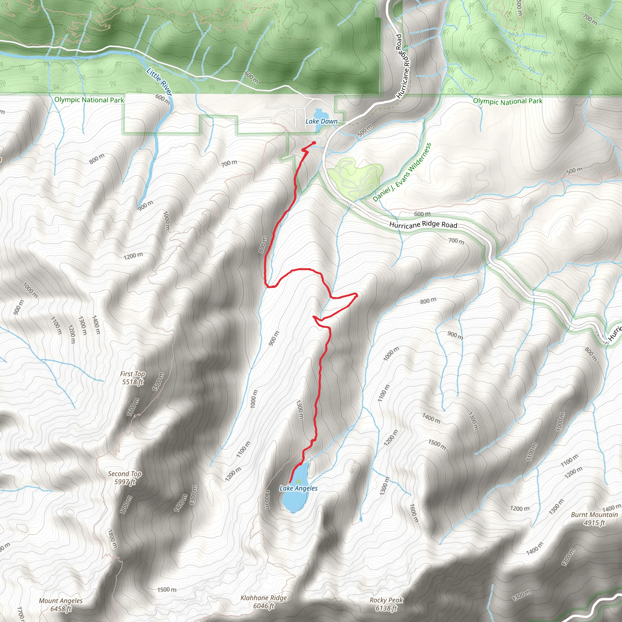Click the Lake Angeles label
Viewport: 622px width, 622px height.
[x=299, y=488]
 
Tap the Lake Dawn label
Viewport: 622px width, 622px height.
[x=321, y=121]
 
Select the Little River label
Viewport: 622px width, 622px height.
[x=159, y=81]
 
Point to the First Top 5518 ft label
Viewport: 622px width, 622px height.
[x=132, y=378]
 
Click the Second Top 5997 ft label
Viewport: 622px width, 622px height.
[x=125, y=478]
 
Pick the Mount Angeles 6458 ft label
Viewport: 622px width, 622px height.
[x=60, y=605]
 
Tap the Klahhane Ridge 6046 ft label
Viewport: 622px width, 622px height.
[x=264, y=602]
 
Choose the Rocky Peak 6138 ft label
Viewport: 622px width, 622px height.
[x=386, y=604]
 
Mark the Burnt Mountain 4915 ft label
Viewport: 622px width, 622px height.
[x=594, y=519]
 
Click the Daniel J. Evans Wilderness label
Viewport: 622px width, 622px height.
[x=402, y=172]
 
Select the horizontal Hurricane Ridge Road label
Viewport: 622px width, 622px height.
[x=423, y=225]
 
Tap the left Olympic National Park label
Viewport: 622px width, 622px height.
[x=89, y=100]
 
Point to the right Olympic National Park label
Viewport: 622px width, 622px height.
[x=508, y=101]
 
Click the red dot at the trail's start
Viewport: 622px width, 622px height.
[x=314, y=143]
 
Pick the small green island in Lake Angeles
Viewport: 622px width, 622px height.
[x=299, y=481]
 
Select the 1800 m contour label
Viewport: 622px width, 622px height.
[x=112, y=539]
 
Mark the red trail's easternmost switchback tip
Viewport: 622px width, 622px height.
[x=356, y=295]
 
